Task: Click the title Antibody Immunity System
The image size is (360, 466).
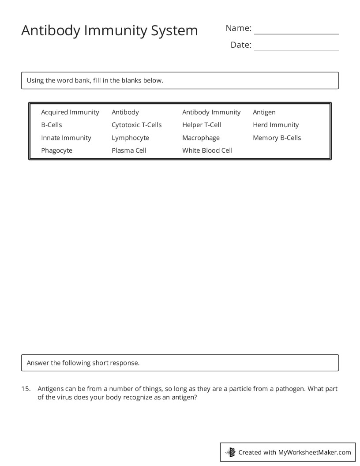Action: coord(109,30)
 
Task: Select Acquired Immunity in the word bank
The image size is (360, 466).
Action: coord(70,112)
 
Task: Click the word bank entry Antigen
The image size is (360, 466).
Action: coord(264,112)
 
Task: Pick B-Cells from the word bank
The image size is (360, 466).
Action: coord(52,125)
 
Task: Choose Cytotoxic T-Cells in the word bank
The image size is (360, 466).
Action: coord(137,125)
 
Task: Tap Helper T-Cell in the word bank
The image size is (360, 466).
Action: coord(202,125)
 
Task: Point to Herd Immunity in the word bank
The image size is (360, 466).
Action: coord(276,125)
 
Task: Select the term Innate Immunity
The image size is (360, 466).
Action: coord(66,138)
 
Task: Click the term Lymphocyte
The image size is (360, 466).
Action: coord(131,138)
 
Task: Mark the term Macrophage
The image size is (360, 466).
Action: coord(201,138)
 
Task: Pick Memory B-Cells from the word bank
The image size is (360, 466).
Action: coord(277,138)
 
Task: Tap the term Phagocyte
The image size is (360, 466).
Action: coord(57,150)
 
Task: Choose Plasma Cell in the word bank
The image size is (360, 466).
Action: coord(129,150)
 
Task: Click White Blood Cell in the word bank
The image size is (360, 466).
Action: coord(207,150)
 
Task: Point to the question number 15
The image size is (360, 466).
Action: coord(26,389)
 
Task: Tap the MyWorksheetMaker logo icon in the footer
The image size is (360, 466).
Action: coord(230,452)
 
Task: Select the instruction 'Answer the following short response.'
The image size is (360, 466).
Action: coord(83,363)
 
